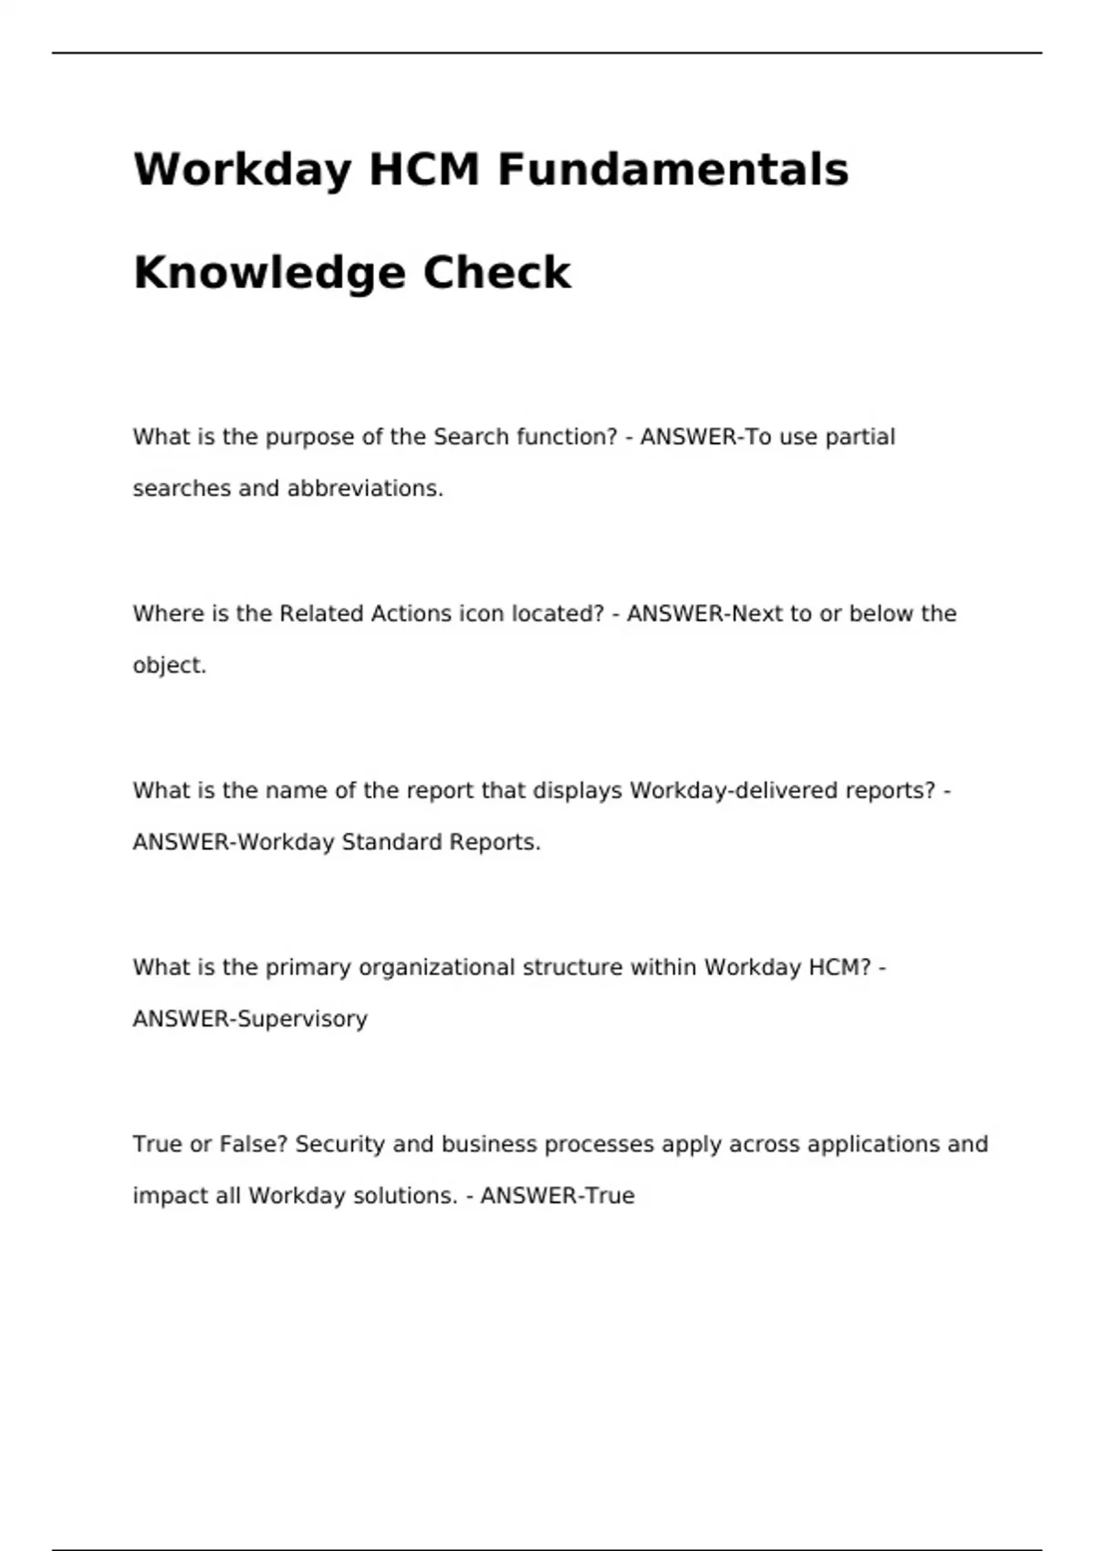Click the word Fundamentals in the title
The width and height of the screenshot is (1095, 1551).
click(x=673, y=170)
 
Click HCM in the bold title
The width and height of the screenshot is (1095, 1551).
click(x=423, y=170)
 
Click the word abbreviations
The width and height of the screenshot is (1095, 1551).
click(x=365, y=489)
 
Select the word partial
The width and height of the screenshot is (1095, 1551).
click(x=860, y=437)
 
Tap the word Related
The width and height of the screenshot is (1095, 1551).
click(x=320, y=614)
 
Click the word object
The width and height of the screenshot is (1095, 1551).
click(x=169, y=666)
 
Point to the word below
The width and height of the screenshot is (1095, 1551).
click(x=881, y=614)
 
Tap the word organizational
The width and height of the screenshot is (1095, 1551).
click(x=437, y=968)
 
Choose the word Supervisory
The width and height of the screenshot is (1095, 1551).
click(x=302, y=1019)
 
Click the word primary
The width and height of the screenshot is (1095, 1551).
click(x=308, y=968)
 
